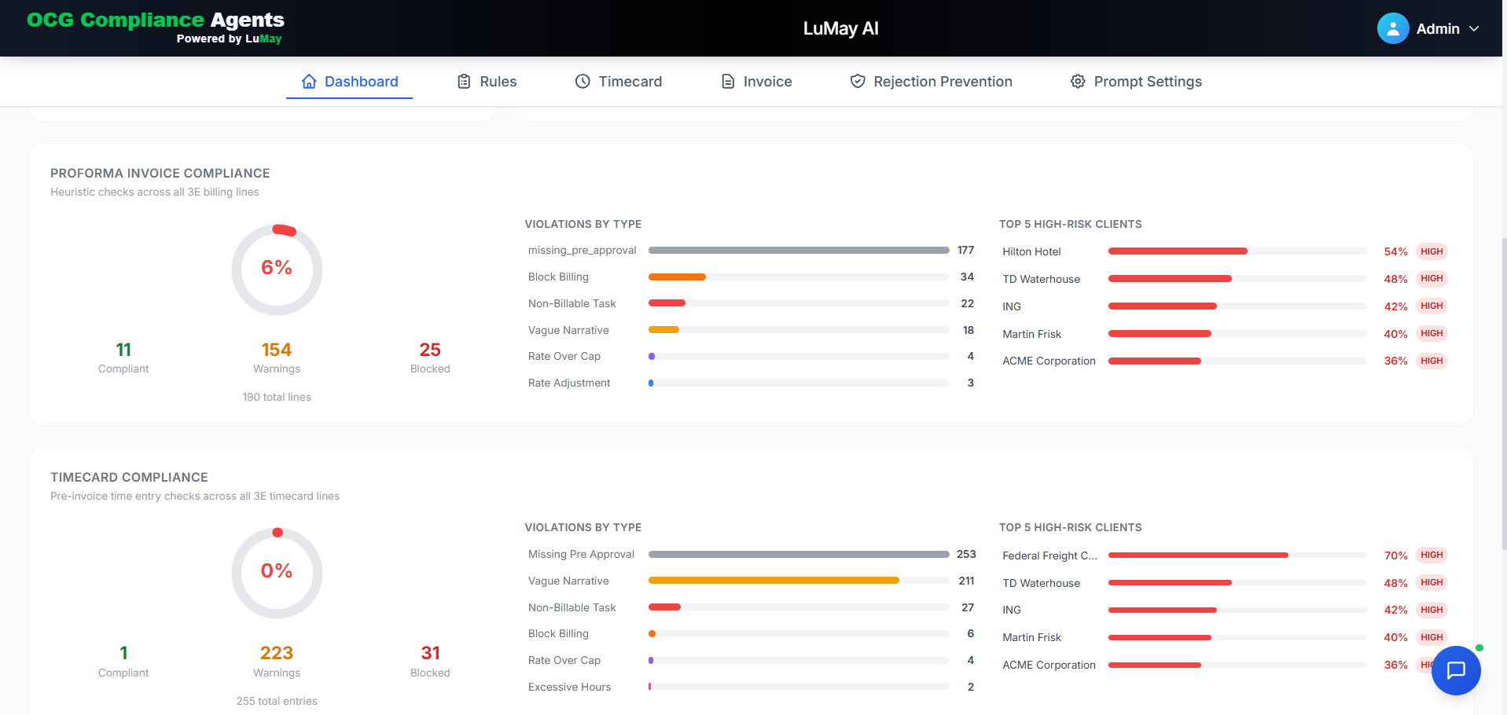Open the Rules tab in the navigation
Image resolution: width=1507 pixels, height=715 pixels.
tap(487, 82)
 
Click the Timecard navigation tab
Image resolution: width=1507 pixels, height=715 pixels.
tap(619, 82)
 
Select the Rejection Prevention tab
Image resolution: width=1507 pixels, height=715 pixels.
tap(931, 82)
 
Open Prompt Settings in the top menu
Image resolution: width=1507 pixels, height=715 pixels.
tap(1136, 82)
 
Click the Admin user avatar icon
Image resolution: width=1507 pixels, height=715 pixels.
tap(1392, 29)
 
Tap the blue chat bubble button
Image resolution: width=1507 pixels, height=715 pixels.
tap(1456, 670)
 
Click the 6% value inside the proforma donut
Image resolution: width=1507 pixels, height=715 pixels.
tap(277, 268)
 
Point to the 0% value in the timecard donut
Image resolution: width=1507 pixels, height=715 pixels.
tap(277, 571)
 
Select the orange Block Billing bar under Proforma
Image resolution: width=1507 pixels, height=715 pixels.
tap(677, 277)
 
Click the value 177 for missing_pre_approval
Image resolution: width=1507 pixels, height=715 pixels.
tap(965, 251)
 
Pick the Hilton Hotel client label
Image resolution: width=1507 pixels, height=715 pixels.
tap(1031, 251)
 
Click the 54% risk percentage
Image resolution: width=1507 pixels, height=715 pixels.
tap(1395, 251)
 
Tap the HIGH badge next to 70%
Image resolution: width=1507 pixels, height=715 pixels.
tap(1432, 555)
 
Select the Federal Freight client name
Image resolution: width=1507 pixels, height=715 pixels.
tap(1049, 555)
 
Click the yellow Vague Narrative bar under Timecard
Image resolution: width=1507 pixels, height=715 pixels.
tap(774, 581)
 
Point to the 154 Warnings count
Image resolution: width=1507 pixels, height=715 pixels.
tap(277, 350)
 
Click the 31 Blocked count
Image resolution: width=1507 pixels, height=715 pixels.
tap(430, 653)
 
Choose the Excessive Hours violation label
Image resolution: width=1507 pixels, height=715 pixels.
tap(569, 687)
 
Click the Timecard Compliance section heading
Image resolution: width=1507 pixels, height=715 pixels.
tap(129, 478)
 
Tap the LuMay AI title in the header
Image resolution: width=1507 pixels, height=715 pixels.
tap(840, 29)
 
